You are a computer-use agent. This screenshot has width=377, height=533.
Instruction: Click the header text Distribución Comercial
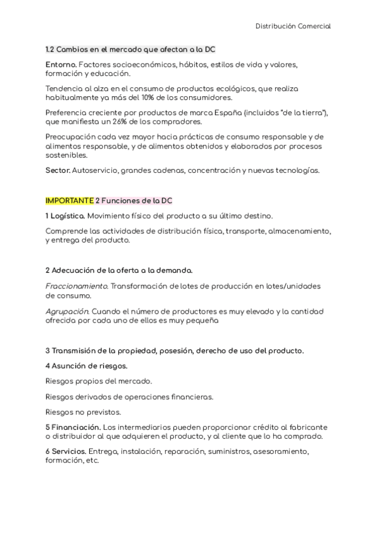tap(293, 26)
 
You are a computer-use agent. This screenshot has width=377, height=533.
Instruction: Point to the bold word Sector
tap(58, 170)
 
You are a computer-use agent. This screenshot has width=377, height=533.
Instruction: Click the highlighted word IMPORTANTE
tap(69, 201)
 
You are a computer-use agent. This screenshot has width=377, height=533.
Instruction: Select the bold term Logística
tap(67, 216)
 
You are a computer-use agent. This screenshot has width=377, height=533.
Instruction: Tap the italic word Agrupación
tap(67, 311)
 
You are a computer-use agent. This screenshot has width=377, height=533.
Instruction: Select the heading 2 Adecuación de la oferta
tap(119, 270)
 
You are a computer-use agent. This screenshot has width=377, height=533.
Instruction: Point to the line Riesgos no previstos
tap(84, 412)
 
